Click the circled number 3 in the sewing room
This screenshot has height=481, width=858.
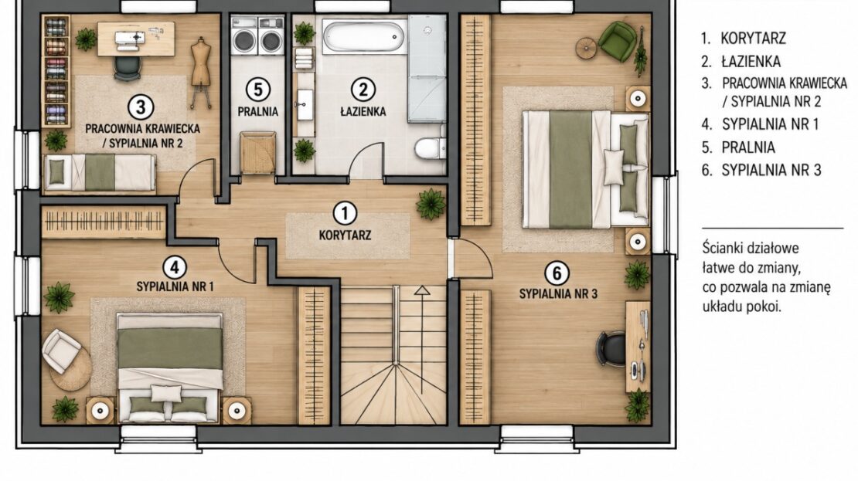(141, 107)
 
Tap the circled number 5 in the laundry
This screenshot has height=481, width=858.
(257, 90)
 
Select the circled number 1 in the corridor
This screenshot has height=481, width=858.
(345, 214)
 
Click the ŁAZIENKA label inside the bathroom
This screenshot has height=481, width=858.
(363, 111)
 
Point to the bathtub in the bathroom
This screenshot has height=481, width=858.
(364, 36)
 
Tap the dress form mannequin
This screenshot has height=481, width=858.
(201, 70)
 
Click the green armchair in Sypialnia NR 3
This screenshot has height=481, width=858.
(617, 39)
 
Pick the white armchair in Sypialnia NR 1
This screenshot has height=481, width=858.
(61, 351)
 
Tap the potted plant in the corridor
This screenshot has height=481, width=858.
(431, 205)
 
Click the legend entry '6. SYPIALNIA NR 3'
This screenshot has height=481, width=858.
(761, 171)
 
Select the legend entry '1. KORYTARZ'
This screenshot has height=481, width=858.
(744, 39)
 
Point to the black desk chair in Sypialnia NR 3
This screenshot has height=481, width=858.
(611, 349)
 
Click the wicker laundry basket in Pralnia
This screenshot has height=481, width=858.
(257, 152)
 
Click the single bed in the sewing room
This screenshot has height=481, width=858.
(100, 172)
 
